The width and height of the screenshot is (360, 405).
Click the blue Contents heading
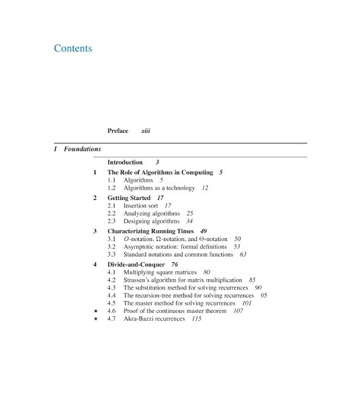point(73,49)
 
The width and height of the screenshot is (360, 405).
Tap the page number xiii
point(146,131)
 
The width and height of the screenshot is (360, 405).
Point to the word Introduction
point(125,163)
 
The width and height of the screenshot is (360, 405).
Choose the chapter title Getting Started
point(131,198)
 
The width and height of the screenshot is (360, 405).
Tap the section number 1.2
point(112,186)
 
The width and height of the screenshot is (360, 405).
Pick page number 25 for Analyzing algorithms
point(189,214)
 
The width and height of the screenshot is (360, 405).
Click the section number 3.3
point(112,255)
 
